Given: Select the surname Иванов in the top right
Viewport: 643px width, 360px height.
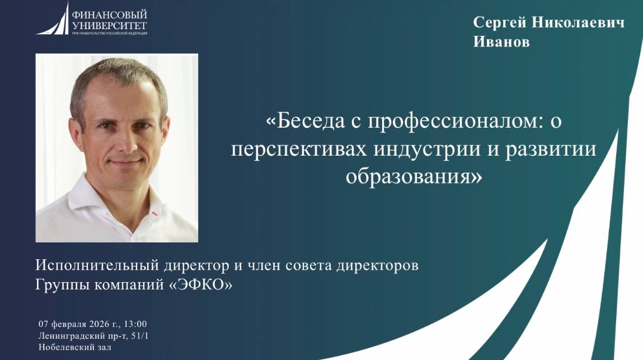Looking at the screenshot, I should click(501, 43).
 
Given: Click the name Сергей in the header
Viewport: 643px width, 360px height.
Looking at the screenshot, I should click(499, 22).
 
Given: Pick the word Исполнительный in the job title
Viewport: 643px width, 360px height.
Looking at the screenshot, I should click(92, 265).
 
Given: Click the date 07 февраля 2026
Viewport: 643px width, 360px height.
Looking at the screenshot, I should click(78, 324).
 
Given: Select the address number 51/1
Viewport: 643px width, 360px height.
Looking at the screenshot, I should click(138, 336).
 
